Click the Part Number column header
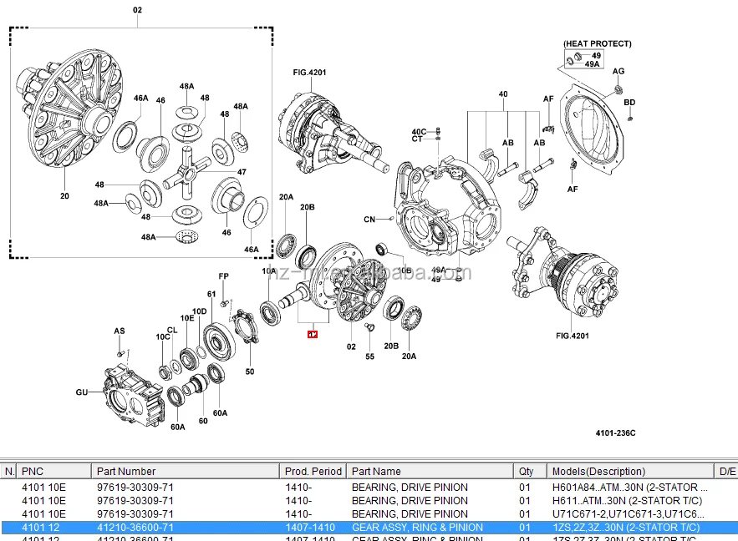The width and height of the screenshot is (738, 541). [x=125, y=472]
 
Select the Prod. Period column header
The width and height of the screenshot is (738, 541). [x=313, y=472]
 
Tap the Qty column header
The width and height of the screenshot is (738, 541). [x=526, y=472]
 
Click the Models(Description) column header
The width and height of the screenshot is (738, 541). [x=598, y=472]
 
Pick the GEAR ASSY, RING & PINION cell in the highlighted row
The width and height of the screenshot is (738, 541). [x=417, y=528]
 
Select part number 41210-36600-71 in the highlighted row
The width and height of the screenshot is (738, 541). [x=135, y=528]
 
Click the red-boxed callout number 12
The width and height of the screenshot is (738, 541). [x=313, y=335]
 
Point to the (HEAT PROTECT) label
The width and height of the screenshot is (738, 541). [x=597, y=43]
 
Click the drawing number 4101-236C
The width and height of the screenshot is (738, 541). [x=615, y=432]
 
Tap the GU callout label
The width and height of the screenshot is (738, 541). [x=81, y=392]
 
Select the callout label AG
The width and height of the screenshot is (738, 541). [x=618, y=71]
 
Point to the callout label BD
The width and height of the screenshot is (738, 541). [x=629, y=103]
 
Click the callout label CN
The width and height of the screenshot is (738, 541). [x=369, y=220]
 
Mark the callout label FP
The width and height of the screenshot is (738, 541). [x=223, y=276]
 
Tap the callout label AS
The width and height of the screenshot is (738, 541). [x=120, y=331]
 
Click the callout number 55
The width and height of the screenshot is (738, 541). [x=370, y=356]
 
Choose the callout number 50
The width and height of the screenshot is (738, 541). [x=250, y=372]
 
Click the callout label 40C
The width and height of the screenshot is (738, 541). [x=419, y=132]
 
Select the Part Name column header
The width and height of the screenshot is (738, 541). [x=376, y=472]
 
